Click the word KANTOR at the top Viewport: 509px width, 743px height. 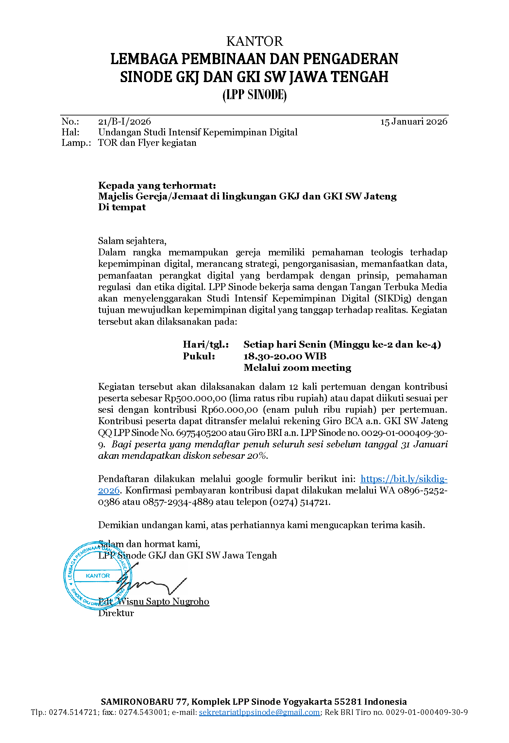tap(254, 42)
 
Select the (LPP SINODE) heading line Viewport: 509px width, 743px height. tap(254, 95)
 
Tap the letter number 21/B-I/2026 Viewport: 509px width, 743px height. tap(125, 122)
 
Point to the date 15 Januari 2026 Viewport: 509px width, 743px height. tap(414, 122)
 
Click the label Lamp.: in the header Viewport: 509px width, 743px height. tap(76, 143)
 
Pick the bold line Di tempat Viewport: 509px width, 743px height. tap(122, 207)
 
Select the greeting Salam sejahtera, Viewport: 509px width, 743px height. tap(132, 241)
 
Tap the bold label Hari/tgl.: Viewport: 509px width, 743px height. tap(206, 344)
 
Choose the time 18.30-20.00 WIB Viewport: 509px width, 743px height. tap(285, 356)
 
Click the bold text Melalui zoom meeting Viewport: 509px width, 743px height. tap(297, 368)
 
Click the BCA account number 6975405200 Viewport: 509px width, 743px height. tap(201, 433)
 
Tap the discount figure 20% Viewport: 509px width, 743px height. tap(257, 456)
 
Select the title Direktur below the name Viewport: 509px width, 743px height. tap(116, 613)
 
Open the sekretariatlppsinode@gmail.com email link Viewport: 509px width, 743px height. tap(259, 712)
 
